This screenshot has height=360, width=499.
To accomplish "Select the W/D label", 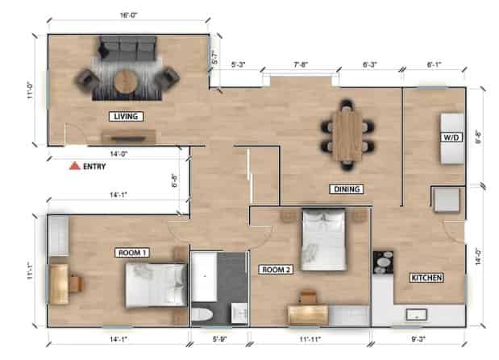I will pos(450,138).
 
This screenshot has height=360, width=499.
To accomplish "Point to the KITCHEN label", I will pos(426,278).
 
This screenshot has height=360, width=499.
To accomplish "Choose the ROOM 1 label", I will pos(133,252).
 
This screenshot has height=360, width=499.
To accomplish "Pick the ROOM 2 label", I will pos(275,269).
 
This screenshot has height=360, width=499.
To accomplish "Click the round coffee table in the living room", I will pos(125,81).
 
